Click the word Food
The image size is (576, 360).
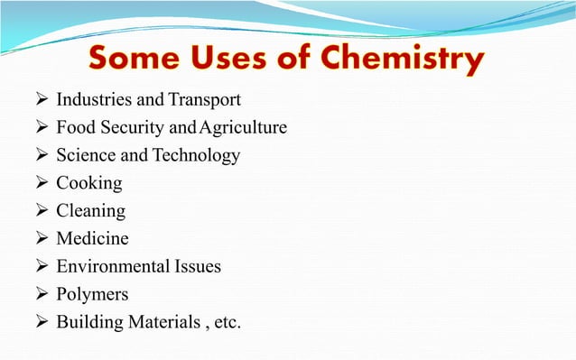coord(75,127)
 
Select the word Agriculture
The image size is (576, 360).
coord(246,127)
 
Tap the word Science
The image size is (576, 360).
coord(85,155)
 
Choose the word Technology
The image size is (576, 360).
coord(196,155)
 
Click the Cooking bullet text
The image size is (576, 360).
coord(88,183)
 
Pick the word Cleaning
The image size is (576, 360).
coord(90,211)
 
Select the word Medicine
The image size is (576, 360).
coord(92,239)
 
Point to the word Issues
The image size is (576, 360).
coord(197,267)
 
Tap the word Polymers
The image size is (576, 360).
coord(92,295)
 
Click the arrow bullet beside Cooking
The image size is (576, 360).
coord(39,183)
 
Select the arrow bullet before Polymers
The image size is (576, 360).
coord(39,295)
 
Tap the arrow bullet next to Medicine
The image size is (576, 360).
coord(39,239)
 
